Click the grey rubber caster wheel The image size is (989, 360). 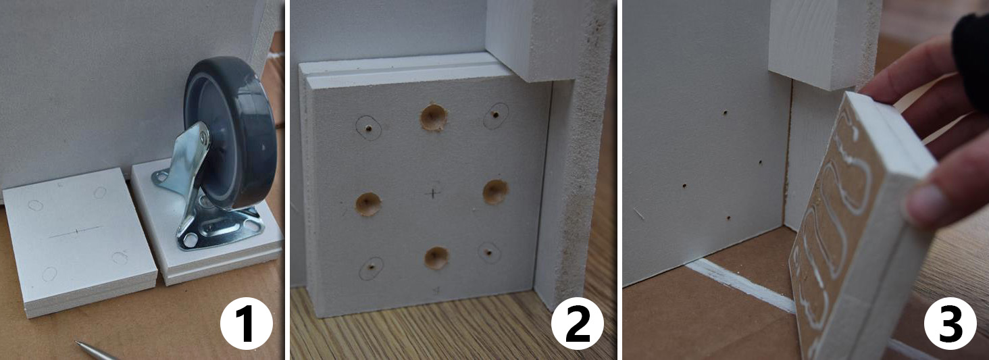tap(230, 132)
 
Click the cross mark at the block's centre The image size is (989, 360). tap(434, 192)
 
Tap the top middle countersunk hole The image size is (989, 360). tap(433, 118)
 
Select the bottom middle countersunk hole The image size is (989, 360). tap(436, 258)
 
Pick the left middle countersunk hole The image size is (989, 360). tap(368, 204)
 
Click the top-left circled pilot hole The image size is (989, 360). tap(368, 128)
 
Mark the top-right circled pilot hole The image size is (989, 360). tap(496, 115)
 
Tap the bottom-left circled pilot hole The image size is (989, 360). tap(372, 267)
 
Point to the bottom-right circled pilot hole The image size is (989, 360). tap(489, 253)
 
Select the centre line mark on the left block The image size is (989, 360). tap(76, 231)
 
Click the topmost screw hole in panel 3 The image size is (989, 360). tap(725, 113)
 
